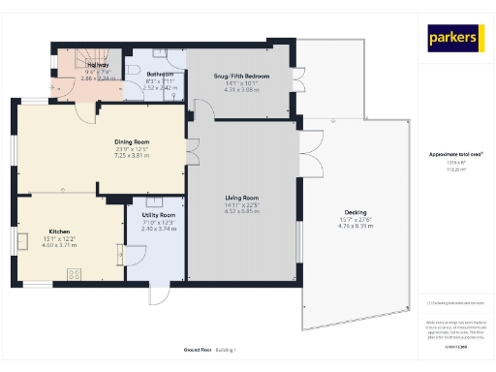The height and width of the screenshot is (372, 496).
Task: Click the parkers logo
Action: tap(454, 38)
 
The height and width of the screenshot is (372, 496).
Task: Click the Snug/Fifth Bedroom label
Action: tap(241, 76)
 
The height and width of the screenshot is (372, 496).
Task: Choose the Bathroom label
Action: tap(160, 74)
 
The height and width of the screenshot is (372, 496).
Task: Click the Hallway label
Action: tap(69, 67)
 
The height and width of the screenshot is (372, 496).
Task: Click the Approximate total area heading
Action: tap(455, 154)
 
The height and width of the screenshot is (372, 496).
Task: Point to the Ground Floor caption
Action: tap(198, 349)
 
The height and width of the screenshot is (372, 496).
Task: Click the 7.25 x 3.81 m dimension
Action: tap(132, 155)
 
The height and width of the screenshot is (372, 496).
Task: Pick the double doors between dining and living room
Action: tap(193, 150)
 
